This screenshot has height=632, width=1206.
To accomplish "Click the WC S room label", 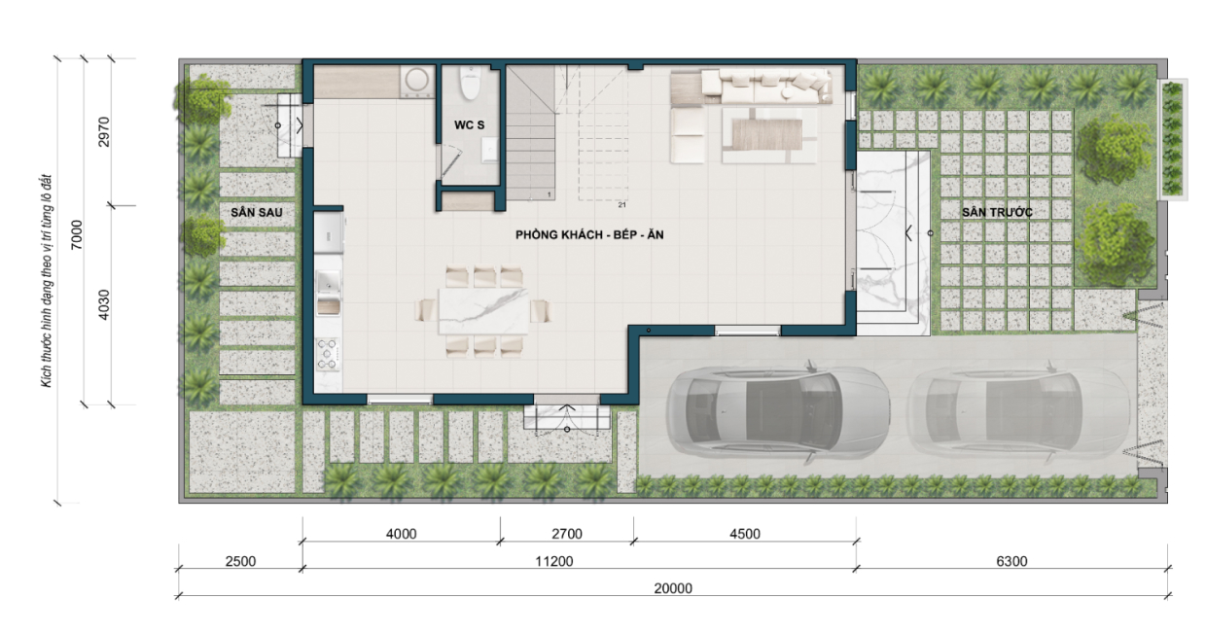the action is (x=469, y=124).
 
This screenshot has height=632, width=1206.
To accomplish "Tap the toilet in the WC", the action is (x=470, y=83).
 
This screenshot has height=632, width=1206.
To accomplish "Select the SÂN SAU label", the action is (x=257, y=212).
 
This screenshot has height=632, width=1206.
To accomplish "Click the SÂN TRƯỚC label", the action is (x=997, y=212).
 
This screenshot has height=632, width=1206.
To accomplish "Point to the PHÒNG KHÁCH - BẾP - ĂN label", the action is (x=589, y=234).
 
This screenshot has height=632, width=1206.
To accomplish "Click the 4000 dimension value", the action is (x=401, y=534).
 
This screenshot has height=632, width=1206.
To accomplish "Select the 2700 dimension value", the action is (x=567, y=534).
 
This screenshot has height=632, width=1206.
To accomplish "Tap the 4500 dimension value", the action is (x=745, y=534).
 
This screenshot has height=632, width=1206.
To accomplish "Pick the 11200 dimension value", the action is (x=554, y=561).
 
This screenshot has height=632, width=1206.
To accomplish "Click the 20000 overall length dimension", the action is (x=673, y=588).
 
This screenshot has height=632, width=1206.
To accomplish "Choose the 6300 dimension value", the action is (x=1012, y=561).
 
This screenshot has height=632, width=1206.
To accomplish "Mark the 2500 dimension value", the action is (x=240, y=561).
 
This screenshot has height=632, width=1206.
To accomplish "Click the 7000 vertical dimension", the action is (x=77, y=234).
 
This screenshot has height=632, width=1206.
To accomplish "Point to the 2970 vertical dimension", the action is (x=104, y=132).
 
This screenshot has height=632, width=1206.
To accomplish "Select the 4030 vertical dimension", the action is (x=104, y=304).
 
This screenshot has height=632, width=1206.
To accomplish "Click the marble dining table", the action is (x=483, y=311).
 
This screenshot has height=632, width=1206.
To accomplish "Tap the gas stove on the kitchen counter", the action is (x=328, y=354).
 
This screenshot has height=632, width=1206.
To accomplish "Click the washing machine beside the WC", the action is (x=417, y=82).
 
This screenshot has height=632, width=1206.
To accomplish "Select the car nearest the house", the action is (x=777, y=412).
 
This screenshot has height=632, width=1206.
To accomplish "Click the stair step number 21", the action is (x=621, y=205).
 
